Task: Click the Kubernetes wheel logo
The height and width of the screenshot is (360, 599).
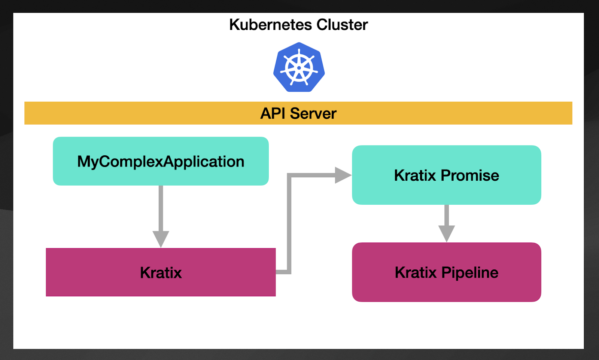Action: pos(299,67)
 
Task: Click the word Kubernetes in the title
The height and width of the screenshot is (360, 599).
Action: pos(270,25)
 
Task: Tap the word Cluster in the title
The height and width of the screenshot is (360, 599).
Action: pos(342,25)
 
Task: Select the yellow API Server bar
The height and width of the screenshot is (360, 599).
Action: pos(150,113)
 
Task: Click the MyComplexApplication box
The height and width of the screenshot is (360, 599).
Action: pos(161,161)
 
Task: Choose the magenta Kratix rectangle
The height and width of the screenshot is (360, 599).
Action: pos(161,272)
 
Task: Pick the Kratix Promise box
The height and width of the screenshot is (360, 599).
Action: pos(446,175)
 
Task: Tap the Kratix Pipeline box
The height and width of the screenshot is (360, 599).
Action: pos(446,272)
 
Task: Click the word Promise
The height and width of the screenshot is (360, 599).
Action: pos(470,175)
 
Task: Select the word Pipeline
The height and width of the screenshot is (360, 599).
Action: pos(470,272)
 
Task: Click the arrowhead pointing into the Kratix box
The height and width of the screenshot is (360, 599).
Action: pos(161,239)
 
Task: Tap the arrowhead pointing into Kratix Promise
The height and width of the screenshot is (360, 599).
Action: pos(342,175)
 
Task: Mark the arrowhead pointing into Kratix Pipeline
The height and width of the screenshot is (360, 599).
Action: pos(446,233)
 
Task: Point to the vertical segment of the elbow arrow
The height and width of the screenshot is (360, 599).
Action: pos(289,225)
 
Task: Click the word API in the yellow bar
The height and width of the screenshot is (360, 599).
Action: pos(273,113)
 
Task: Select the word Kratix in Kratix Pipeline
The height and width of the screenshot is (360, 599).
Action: pos(416,272)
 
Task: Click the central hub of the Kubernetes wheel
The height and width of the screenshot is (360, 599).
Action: pos(299,68)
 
